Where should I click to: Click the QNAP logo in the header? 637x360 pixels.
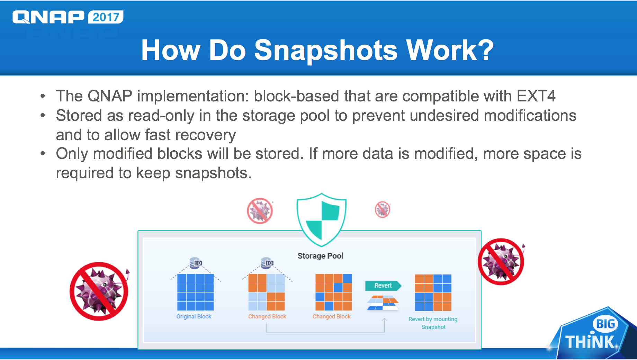[48, 17]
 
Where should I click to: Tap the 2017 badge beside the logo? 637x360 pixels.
[106, 17]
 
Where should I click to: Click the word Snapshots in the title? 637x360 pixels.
[326, 51]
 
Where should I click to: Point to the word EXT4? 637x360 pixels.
[536, 96]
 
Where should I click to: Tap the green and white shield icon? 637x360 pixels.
[322, 219]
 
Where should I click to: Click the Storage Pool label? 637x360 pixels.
[321, 256]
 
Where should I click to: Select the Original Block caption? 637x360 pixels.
[194, 316]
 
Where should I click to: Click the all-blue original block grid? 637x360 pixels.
[196, 292]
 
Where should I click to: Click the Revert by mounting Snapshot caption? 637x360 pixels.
[433, 323]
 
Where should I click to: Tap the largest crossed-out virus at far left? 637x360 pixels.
[99, 291]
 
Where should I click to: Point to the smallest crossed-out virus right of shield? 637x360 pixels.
[383, 209]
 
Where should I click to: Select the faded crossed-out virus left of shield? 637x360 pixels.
[260, 211]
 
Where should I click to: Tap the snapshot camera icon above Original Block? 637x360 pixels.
[196, 263]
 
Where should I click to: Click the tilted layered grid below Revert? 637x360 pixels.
[383, 303]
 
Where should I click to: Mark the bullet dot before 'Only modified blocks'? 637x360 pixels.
[43, 153]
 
